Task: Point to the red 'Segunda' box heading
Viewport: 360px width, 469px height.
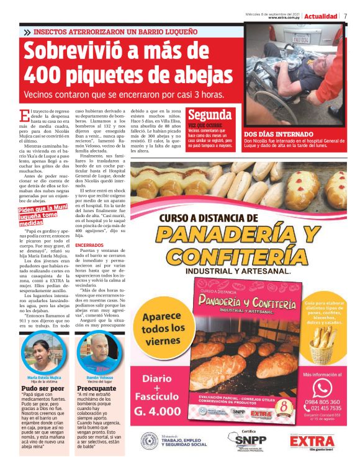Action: point(210,115)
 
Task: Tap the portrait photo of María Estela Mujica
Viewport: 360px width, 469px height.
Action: point(43,354)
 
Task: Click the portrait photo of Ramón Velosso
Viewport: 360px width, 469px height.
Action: point(98,354)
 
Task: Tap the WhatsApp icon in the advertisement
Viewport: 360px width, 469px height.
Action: point(322,387)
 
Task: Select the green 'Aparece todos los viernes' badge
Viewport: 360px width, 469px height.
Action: point(163,327)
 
